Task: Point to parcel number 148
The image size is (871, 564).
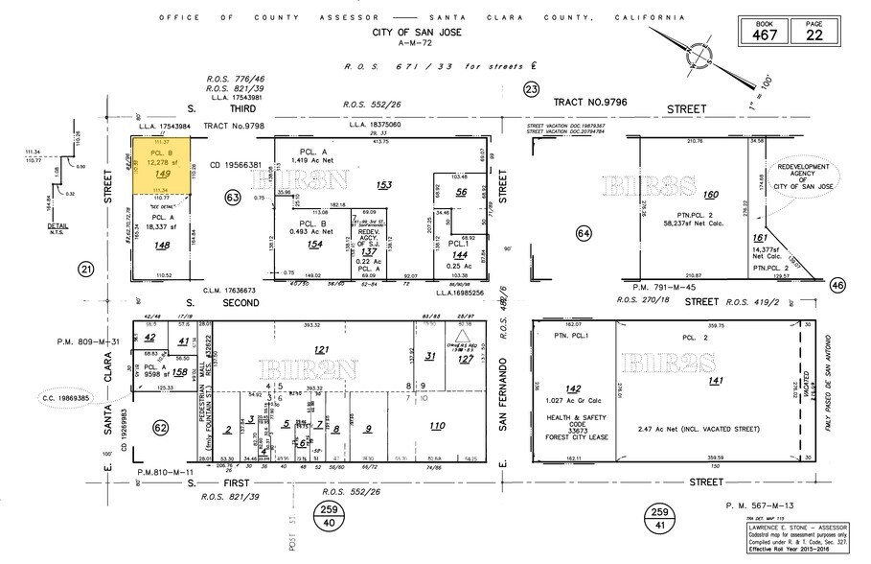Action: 162,245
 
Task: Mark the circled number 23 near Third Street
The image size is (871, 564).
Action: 532,89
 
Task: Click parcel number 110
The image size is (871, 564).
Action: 438,426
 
